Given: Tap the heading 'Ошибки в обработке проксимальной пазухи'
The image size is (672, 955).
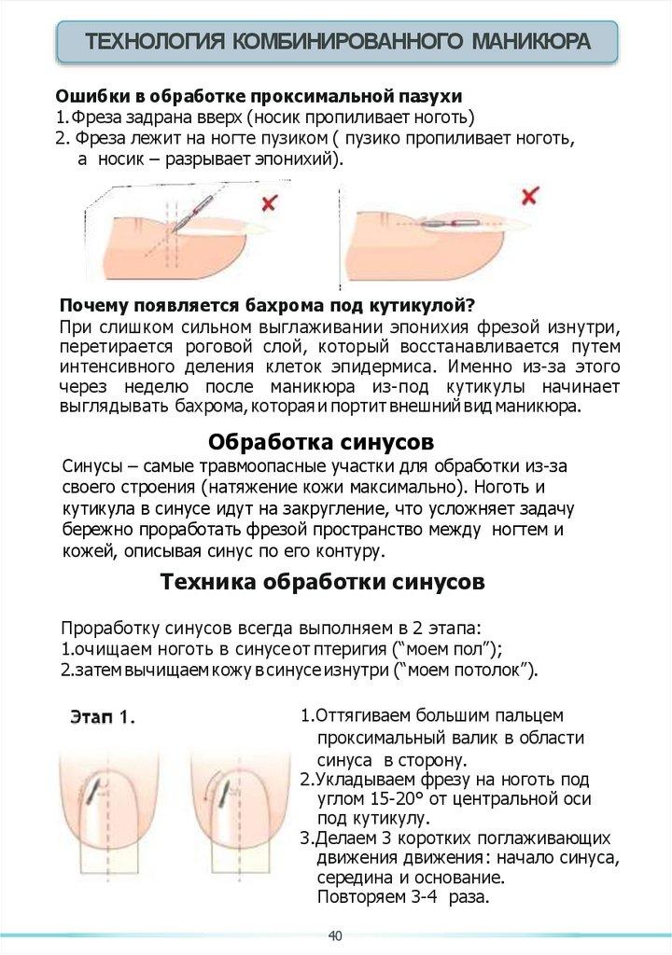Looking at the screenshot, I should click(259, 97).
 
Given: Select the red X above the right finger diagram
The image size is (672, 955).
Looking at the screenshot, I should click(529, 196).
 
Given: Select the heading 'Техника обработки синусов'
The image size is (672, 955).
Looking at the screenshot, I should click(322, 583).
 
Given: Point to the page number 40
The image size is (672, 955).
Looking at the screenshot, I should click(335, 935).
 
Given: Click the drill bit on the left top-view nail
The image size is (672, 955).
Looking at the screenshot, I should click(91, 791).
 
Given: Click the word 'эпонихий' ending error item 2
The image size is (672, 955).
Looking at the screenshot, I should click(304, 159).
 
